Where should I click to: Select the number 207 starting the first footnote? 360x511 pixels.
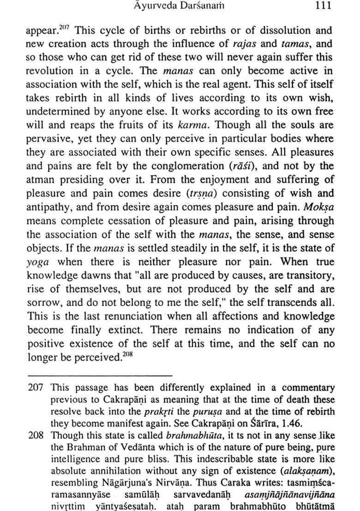pos(36,388)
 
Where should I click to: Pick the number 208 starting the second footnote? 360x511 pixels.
pos(36,435)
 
